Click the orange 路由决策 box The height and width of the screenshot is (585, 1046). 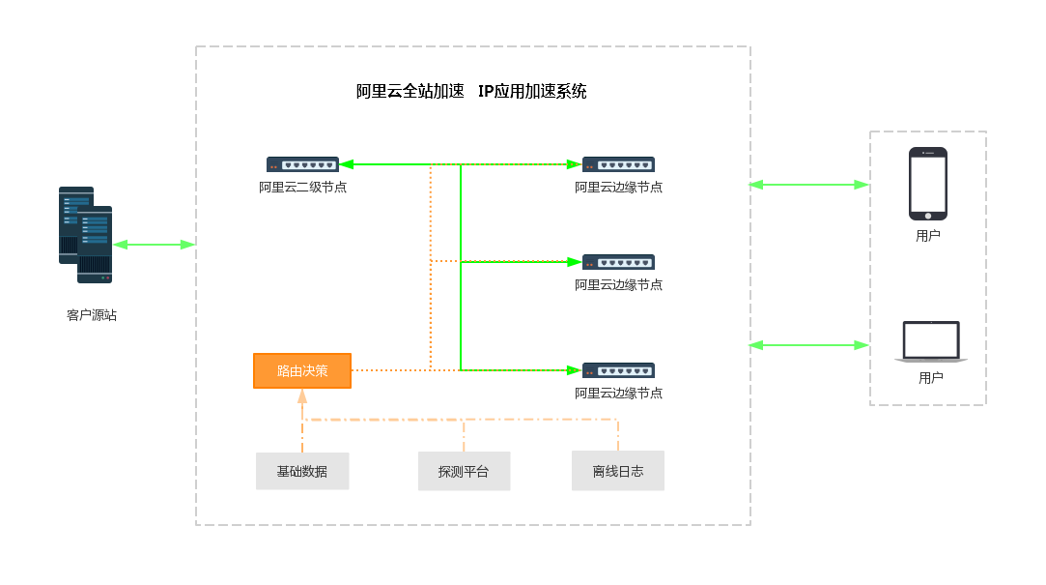point(302,370)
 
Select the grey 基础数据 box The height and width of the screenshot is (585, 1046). point(302,471)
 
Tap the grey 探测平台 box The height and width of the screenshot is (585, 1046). point(464,471)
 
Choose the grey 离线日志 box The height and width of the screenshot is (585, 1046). point(618,471)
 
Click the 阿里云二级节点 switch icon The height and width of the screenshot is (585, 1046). point(302,164)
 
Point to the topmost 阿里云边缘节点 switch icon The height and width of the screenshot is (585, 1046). point(618,164)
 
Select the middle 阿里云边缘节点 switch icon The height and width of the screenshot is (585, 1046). point(618,262)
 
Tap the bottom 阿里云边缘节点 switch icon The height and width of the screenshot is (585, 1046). point(618,370)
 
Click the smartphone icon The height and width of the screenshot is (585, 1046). point(927,184)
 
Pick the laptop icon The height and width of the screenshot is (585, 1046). point(931,342)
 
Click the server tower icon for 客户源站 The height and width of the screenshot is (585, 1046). point(85,235)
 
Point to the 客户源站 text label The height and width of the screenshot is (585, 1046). point(92,315)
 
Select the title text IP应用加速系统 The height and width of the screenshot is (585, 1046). point(532,92)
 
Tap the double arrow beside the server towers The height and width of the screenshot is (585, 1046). point(155,245)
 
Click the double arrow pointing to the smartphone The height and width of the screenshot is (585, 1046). point(809,184)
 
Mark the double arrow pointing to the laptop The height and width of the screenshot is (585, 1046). point(809,344)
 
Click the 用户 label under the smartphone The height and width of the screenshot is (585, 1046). point(928,235)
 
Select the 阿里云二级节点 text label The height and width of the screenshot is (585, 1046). point(302,188)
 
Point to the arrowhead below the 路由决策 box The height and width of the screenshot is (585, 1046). point(302,395)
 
